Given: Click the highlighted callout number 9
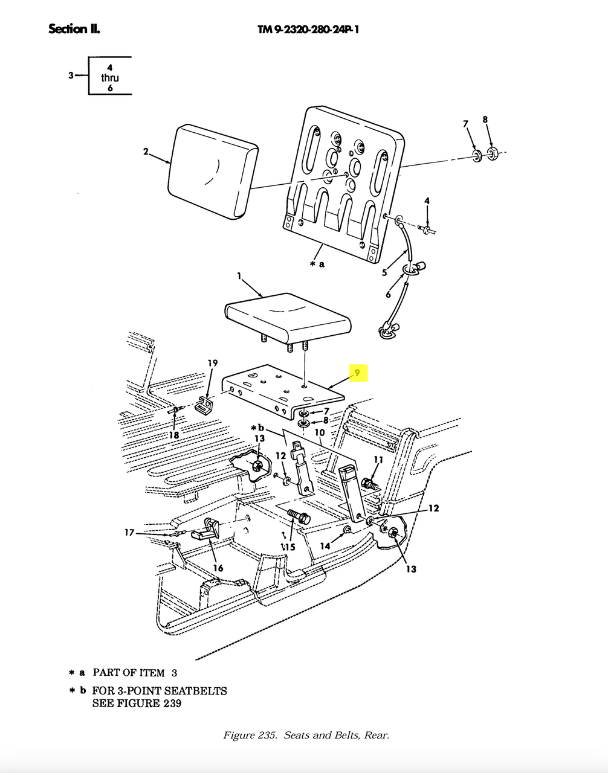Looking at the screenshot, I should click(x=357, y=373).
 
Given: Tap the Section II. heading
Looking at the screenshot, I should click(x=74, y=28).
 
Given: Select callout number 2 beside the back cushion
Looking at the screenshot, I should click(x=146, y=152).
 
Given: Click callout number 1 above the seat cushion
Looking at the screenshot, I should click(x=239, y=276).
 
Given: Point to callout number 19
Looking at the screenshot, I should click(x=213, y=363).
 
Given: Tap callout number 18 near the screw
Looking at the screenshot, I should click(x=174, y=435).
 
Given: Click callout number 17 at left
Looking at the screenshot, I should click(x=129, y=533).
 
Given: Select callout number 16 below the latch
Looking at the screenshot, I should click(x=218, y=568).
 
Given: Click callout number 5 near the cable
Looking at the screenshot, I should click(x=384, y=272).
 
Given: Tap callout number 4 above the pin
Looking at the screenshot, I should click(x=427, y=200).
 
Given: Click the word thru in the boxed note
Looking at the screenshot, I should click(x=110, y=77).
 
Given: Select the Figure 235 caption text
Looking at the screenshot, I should click(x=306, y=735).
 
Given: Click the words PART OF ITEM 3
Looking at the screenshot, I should click(x=135, y=673).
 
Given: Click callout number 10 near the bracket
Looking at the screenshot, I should click(x=320, y=432).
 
